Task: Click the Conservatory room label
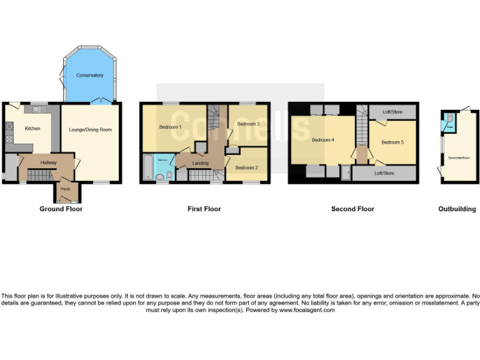tap(89, 76)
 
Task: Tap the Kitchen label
tap(32, 129)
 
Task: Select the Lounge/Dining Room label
tap(94, 129)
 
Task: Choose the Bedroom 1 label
tap(170, 127)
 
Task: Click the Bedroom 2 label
tap(246, 167)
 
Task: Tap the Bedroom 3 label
tap(248, 124)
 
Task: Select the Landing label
tap(201, 163)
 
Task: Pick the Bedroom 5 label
tap(392, 142)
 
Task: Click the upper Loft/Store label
tap(392, 112)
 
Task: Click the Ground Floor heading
tap(61, 209)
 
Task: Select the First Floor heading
tap(204, 209)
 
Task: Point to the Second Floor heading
tap(352, 209)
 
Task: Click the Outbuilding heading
tap(457, 209)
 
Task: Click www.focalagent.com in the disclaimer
tap(307, 310)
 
